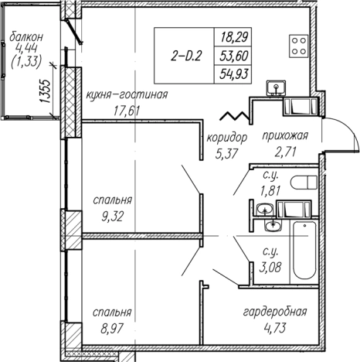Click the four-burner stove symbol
click(298, 46)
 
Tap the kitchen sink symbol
click(277, 87)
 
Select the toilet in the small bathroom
click(304, 183)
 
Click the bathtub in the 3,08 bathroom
click(304, 250)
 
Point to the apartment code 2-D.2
click(185, 56)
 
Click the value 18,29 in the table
click(234, 37)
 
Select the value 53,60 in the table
click(234, 56)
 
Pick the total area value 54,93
click(234, 74)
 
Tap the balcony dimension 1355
click(45, 91)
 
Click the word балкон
click(26, 37)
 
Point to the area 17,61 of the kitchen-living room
click(127, 111)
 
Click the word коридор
click(227, 138)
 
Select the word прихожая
click(285, 135)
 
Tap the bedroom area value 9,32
click(113, 217)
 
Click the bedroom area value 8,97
click(112, 329)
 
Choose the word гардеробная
click(275, 312)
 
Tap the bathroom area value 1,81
click(270, 191)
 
